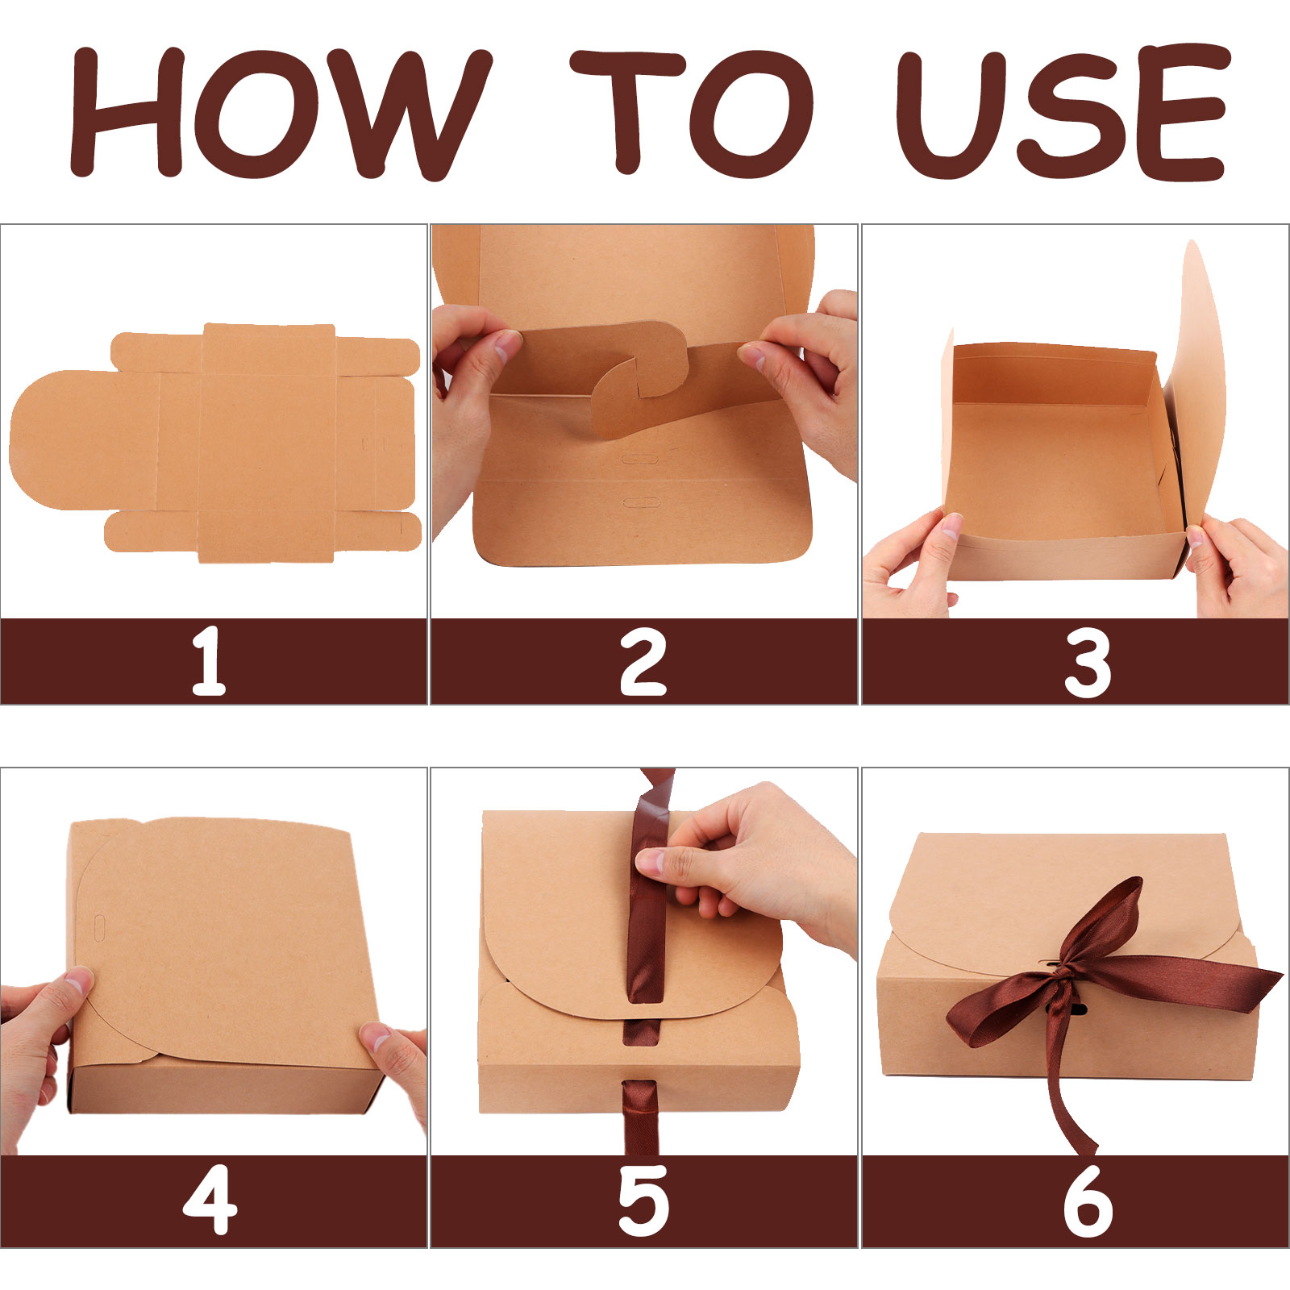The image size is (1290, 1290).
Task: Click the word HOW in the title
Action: click(281, 113)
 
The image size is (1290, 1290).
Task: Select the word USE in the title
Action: click(1064, 113)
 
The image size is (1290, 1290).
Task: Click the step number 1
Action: click(209, 662)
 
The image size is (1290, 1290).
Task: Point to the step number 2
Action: click(643, 662)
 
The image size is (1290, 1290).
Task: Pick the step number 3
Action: click(1088, 664)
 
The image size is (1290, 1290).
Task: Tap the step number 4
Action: click(210, 1200)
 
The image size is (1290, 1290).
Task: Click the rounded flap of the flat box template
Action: click(81, 440)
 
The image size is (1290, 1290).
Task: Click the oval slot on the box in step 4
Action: click(100, 928)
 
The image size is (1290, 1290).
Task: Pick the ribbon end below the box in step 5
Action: click(641, 1117)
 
